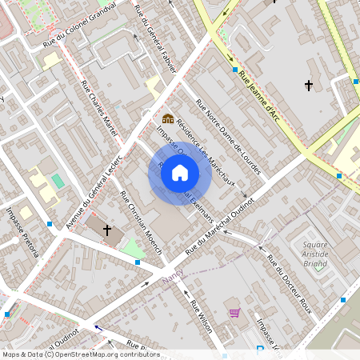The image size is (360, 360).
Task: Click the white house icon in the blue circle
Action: (180, 173)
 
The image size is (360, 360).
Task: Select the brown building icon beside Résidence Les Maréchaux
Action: (168, 119)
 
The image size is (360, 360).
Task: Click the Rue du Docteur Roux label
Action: (289, 283)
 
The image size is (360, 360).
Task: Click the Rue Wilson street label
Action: (201, 315)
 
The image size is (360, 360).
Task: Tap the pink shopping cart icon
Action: (234, 313)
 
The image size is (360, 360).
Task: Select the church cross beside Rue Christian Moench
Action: (107, 230)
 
